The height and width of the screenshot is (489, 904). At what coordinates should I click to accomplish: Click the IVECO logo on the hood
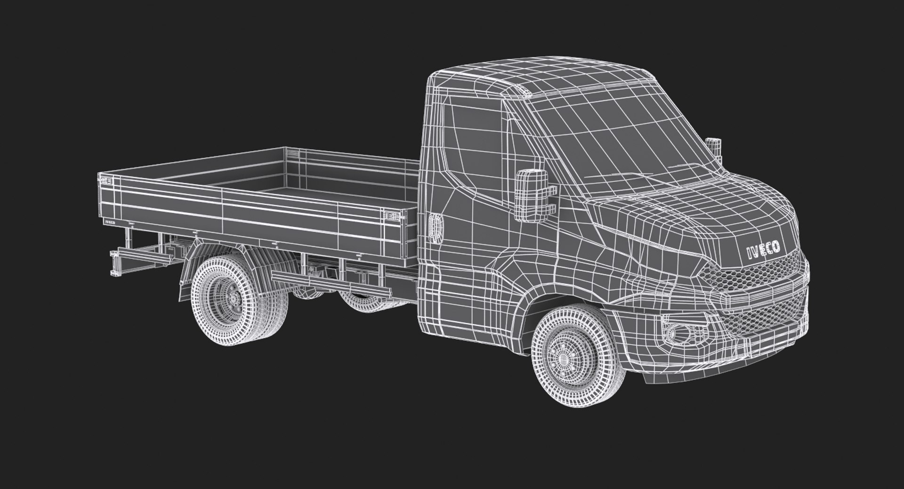point(763,250)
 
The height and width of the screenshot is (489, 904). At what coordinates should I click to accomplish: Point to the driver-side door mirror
point(531,195)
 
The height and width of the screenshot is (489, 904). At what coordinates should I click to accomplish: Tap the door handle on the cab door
point(435,228)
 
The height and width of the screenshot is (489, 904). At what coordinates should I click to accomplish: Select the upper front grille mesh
point(753,278)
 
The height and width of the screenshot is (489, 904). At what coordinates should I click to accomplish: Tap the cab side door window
point(476,141)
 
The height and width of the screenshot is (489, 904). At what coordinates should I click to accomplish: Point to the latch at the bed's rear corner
point(106,180)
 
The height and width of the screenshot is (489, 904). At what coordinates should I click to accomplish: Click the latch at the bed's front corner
point(394,216)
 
